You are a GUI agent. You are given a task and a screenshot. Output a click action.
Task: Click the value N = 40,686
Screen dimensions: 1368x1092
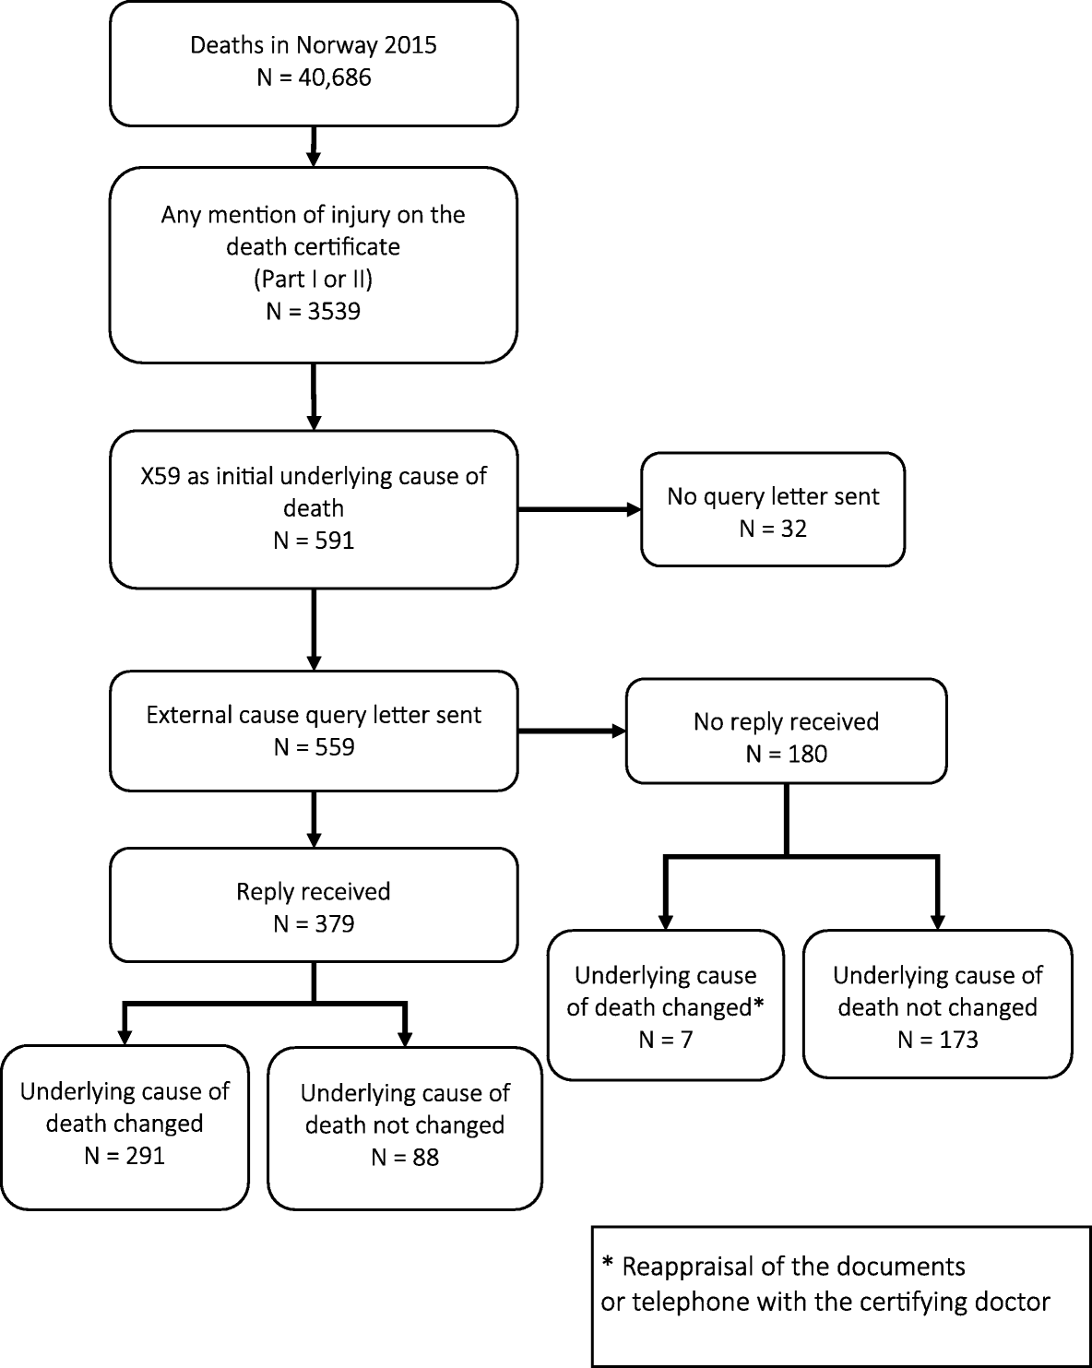314,77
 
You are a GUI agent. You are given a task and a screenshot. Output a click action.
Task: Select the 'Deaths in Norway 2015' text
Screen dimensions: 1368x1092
314,45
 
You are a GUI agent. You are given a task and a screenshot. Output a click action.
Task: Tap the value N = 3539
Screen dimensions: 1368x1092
314,311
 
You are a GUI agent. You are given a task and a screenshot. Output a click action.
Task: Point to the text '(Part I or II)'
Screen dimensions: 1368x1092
314,279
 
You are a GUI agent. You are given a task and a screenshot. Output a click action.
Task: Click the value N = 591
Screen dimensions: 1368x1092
314,541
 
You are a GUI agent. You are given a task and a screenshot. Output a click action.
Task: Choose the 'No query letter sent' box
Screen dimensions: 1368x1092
773,509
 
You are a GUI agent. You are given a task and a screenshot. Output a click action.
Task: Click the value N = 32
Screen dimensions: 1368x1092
773,529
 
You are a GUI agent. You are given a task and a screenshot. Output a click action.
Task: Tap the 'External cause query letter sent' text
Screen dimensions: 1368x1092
314,715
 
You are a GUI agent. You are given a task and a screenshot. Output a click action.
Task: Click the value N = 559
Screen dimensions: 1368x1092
314,747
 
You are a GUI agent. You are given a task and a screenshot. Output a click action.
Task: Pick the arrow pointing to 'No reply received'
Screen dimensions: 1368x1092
572,732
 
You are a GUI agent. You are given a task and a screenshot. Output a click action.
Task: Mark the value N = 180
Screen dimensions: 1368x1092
786,754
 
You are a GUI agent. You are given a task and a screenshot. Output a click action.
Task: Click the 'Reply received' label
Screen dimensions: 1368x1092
314,891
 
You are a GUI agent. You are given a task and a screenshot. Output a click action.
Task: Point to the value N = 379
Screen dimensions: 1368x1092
314,923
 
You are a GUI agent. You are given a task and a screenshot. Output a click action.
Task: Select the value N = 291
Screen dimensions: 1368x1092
125,1155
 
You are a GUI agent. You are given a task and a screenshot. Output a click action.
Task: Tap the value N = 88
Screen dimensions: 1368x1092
405,1157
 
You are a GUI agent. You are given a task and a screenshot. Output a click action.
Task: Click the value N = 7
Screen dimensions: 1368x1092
665,1040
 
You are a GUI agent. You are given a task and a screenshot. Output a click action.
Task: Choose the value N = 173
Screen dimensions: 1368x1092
937,1040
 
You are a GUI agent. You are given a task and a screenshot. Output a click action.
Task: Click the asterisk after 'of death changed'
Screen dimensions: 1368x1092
758,1005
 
